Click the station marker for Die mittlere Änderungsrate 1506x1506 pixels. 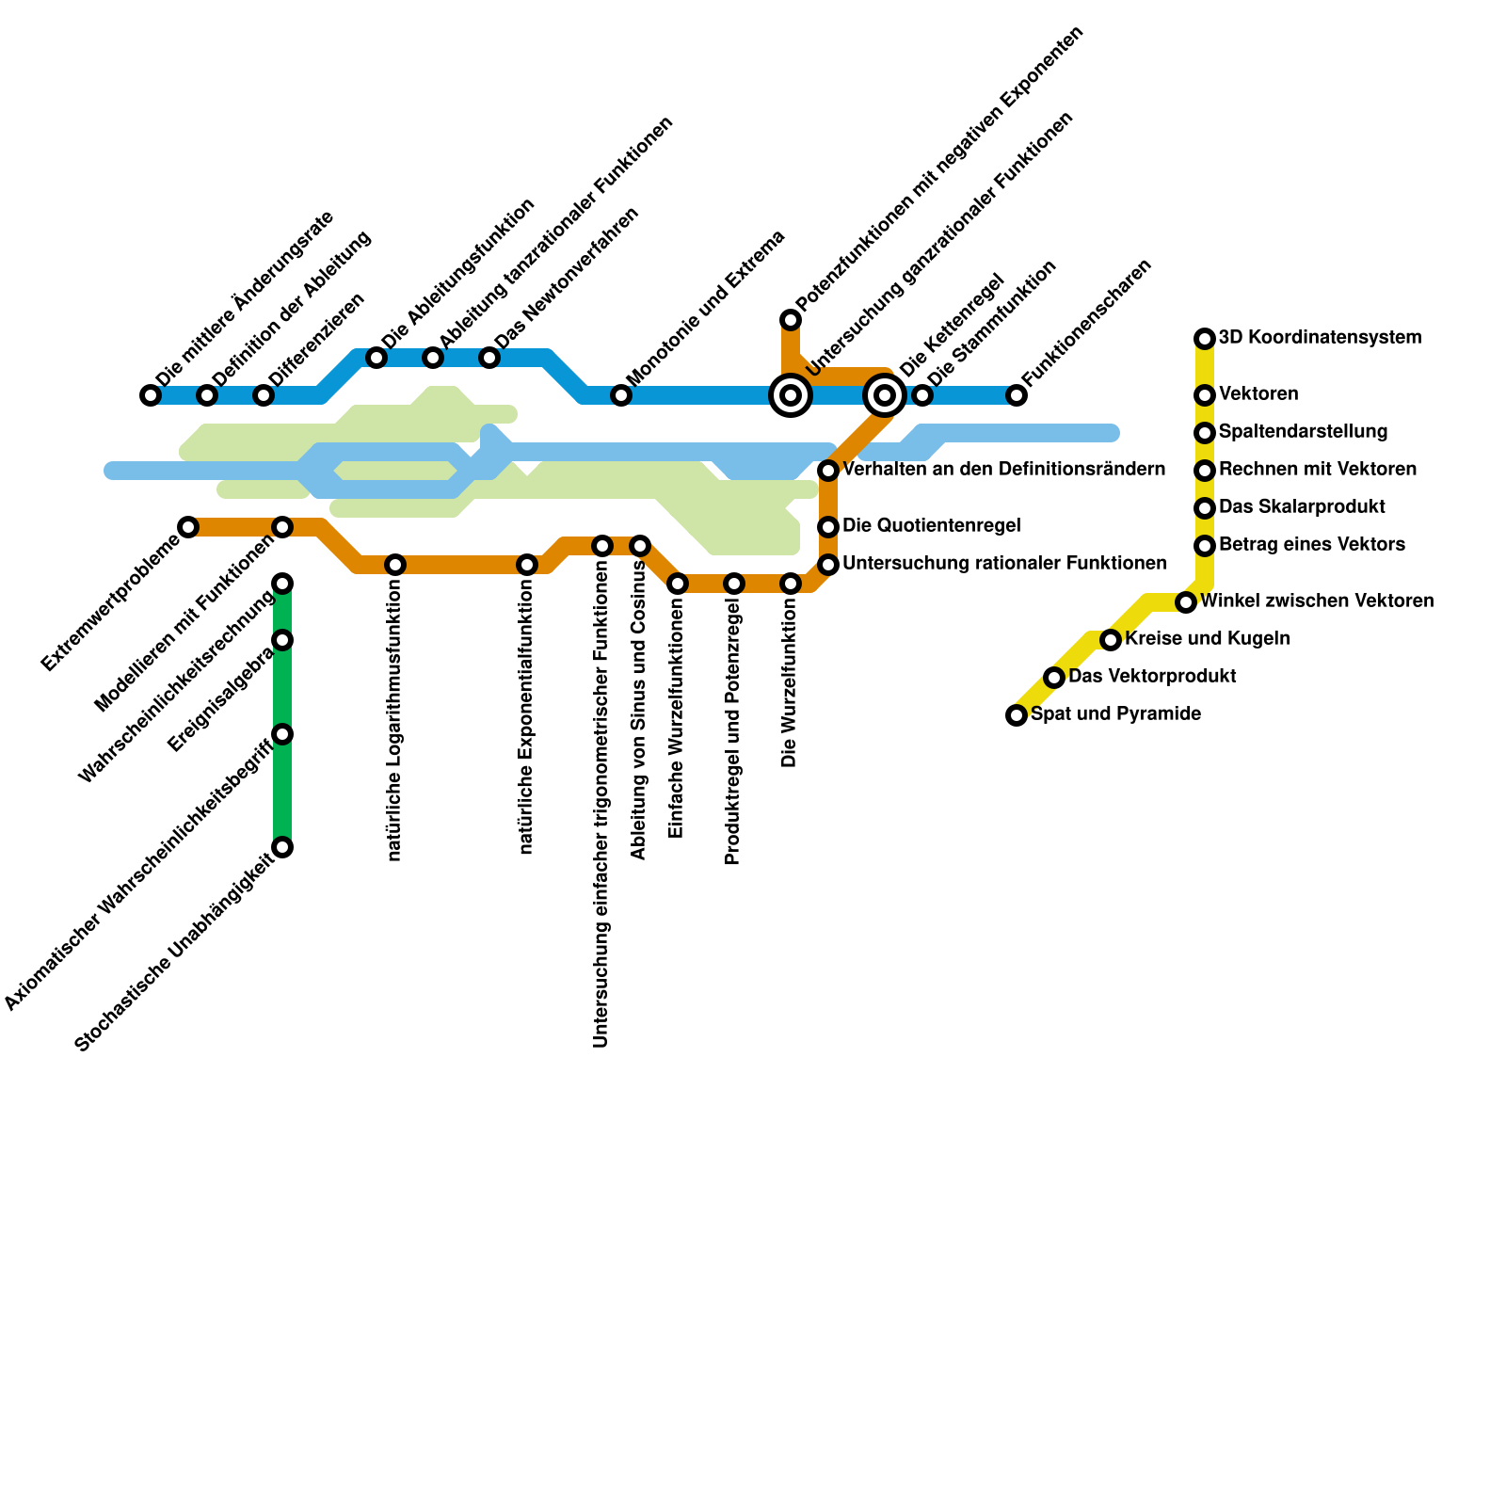coord(151,395)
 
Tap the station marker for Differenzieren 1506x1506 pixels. coord(264,395)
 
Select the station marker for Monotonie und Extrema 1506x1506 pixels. coord(621,395)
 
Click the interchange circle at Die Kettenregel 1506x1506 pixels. coord(885,395)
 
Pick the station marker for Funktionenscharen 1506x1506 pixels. coord(1017,395)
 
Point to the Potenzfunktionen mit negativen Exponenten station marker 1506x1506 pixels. coord(791,321)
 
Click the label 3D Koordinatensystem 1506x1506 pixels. coord(1320,337)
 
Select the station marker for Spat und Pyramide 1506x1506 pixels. coord(1017,715)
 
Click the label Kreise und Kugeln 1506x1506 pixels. coord(1208,638)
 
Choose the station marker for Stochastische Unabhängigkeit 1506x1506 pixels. coord(282,847)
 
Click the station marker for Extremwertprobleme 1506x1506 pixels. coord(188,527)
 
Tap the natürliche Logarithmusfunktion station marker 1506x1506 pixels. coord(395,565)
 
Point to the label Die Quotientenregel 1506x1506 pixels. coord(932,525)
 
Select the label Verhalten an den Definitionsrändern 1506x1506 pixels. coord(1004,469)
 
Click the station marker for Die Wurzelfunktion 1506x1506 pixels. coord(791,584)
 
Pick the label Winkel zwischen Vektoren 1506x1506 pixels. coord(1318,601)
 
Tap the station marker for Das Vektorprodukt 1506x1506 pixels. coord(1054,678)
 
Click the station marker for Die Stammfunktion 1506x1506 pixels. coord(922,395)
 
